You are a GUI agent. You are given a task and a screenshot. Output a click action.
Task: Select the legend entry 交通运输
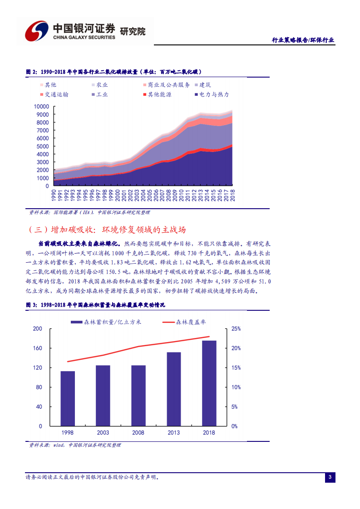click(x=54, y=95)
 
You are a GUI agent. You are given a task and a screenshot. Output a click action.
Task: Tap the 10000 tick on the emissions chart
click(x=41, y=106)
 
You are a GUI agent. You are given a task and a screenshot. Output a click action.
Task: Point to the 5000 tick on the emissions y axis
click(x=43, y=146)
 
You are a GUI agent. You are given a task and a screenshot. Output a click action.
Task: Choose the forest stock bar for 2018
click(x=209, y=383)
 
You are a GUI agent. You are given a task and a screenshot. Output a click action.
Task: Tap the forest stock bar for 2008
click(x=138, y=396)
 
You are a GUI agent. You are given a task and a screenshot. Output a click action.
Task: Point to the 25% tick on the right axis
click(x=236, y=328)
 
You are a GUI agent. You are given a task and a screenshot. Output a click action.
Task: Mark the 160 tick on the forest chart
click(x=38, y=348)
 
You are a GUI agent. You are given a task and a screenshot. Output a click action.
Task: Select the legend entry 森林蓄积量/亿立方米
click(x=106, y=322)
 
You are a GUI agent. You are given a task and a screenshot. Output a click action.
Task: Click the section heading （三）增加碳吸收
click(x=107, y=230)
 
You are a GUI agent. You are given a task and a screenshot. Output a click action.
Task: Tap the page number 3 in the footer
click(x=330, y=477)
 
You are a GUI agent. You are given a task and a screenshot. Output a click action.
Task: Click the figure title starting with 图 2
click(x=113, y=72)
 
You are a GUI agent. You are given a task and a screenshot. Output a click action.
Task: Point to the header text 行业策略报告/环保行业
click(x=303, y=40)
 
